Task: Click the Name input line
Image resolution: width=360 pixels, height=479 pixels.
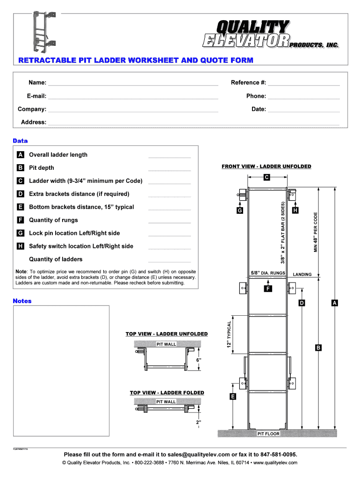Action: pos(133,84)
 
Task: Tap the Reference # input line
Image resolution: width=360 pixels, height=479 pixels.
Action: pos(304,84)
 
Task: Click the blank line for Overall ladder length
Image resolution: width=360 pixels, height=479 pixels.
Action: pos(169,156)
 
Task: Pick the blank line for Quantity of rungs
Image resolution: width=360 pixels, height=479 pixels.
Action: pos(169,222)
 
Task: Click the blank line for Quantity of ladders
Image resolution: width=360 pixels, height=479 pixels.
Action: pos(169,261)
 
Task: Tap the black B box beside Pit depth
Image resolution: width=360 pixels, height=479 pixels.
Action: pos(21,168)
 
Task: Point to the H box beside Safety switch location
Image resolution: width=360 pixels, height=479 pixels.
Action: pos(21,247)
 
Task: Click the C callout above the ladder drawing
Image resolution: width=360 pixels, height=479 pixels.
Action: pos(266,177)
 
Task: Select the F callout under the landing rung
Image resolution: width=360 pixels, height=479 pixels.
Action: pos(267,289)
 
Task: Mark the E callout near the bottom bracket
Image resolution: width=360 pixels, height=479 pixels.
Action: pos(233,397)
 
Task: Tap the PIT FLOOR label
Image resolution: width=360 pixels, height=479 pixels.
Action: pos(269,434)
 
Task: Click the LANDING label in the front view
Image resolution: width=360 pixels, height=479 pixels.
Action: pos(302,275)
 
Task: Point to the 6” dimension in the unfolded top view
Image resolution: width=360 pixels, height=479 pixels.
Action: pos(198,360)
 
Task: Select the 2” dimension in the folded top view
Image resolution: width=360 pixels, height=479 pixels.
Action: pos(198,422)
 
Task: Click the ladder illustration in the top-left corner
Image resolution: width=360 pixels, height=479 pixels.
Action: pos(43,31)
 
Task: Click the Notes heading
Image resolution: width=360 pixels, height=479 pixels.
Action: pos(22,301)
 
